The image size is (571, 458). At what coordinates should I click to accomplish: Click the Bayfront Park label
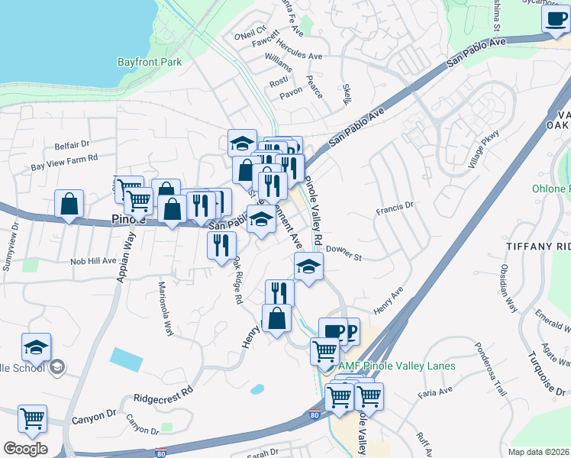150,62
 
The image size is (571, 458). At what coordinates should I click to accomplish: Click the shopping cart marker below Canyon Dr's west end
33,418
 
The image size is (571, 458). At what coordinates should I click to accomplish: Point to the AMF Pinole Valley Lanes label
398,366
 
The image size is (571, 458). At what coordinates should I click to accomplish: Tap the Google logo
25,449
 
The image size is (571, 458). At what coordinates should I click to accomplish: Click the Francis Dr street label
395,205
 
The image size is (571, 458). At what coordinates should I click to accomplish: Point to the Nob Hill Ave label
93,260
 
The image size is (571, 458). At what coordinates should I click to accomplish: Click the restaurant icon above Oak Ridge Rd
222,246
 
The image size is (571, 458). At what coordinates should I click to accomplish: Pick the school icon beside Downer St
308,266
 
